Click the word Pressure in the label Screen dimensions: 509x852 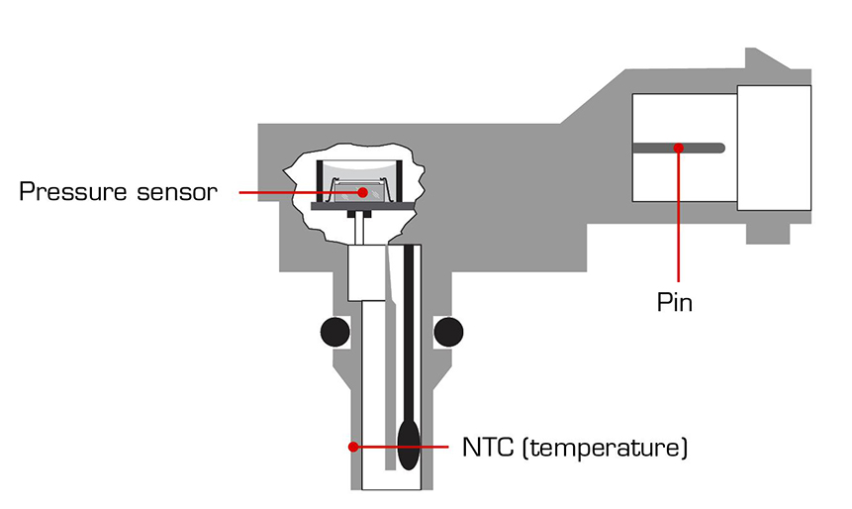[x=77, y=191]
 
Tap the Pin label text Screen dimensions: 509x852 [x=674, y=302]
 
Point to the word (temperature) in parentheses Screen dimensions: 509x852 [x=604, y=448]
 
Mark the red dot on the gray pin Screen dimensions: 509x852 [x=679, y=149]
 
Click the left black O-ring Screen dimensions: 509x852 [x=336, y=331]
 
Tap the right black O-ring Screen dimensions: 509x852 [x=448, y=331]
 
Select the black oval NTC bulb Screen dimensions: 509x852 [x=408, y=440]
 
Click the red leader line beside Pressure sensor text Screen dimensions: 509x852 [x=287, y=191]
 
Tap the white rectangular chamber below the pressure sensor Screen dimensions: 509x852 [x=367, y=271]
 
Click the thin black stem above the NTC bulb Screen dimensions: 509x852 [x=408, y=327]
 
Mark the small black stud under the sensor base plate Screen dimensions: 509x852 [x=363, y=214]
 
